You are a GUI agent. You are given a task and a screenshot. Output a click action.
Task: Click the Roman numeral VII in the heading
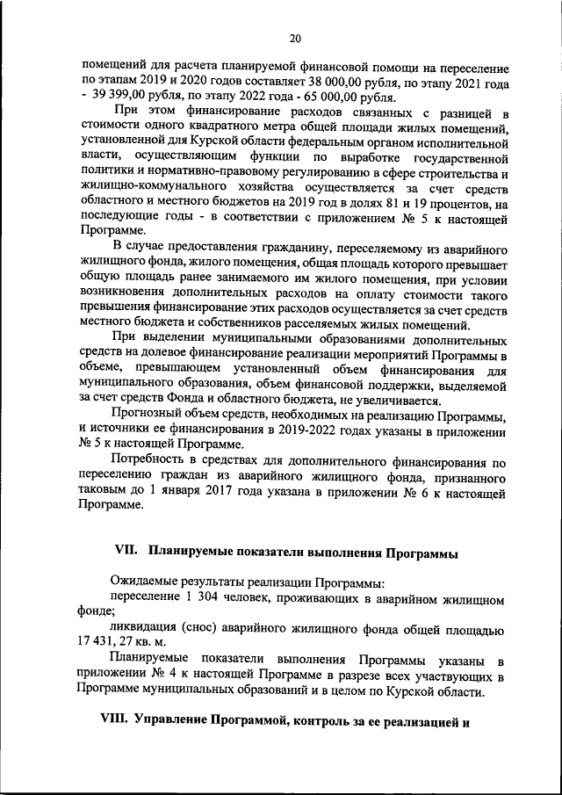pos(128,552)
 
